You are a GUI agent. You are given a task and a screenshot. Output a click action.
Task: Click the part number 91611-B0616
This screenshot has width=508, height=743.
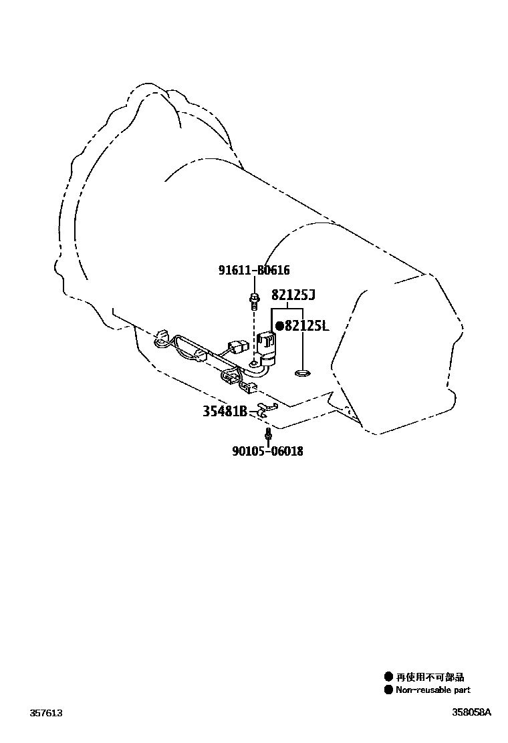coord(254,270)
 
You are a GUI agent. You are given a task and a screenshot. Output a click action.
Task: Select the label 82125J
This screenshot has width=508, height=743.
coord(293,295)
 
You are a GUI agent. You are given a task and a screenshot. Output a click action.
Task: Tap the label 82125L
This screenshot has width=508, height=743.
coord(307,325)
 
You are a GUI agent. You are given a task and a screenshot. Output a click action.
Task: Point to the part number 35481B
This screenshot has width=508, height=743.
coord(225,412)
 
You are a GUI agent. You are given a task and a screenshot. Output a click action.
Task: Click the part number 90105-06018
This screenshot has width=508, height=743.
coord(268,450)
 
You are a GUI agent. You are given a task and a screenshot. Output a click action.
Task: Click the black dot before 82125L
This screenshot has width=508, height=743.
coord(279,325)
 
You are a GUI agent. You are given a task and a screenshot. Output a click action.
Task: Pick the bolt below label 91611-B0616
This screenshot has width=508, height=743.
coord(255,301)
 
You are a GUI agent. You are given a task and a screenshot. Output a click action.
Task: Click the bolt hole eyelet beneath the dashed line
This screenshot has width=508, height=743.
coord(254,363)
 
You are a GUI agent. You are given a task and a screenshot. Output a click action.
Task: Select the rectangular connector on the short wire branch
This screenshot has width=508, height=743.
coord(237,345)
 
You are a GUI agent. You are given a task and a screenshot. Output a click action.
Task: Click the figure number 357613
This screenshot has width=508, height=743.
coord(46,713)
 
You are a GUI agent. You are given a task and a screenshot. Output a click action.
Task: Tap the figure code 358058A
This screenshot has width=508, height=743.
coord(471,712)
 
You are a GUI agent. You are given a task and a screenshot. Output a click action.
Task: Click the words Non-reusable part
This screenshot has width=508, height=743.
coord(433,690)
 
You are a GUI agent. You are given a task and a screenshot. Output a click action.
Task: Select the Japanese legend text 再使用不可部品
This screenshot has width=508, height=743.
coord(430,677)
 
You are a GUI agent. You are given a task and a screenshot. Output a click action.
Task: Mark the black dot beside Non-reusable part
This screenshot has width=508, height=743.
coord(388,690)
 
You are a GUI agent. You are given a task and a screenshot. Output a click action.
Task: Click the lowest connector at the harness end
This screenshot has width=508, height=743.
coord(249,388)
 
